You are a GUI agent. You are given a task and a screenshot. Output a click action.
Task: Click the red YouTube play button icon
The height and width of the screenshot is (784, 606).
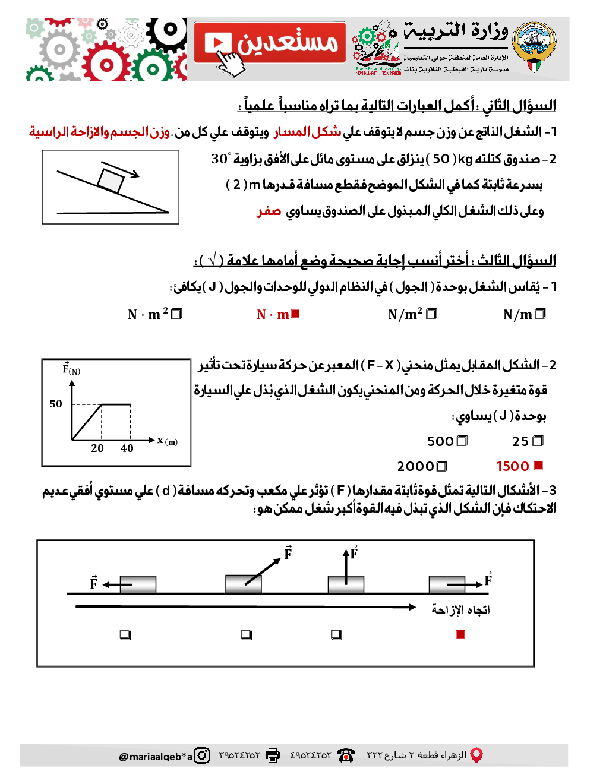[217, 43]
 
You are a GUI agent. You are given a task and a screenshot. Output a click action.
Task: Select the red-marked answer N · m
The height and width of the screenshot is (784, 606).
[273, 314]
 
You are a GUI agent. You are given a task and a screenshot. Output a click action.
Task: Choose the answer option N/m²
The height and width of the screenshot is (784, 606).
[405, 314]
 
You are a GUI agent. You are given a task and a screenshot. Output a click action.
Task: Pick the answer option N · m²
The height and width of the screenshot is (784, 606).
[148, 314]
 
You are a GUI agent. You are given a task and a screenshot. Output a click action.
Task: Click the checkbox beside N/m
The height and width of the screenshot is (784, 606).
[540, 314]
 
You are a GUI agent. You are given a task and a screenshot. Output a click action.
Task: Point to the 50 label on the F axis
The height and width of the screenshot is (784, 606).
[56, 404]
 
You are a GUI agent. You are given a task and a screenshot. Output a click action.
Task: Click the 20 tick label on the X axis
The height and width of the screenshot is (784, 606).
[97, 448]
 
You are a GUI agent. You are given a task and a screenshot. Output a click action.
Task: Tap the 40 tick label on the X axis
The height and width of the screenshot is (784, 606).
[127, 448]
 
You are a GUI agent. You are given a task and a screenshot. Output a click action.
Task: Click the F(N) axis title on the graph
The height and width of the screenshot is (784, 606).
[71, 369]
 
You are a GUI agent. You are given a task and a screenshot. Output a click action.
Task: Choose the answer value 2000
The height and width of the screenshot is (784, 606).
[415, 467]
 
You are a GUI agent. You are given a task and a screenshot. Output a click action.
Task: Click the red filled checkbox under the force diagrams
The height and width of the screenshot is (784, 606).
[460, 634]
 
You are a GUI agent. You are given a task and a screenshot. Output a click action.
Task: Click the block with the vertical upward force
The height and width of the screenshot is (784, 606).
[346, 584]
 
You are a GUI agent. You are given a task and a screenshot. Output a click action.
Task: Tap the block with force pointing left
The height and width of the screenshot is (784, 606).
[138, 584]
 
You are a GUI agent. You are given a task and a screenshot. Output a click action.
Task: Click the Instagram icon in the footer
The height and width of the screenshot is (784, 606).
[203, 755]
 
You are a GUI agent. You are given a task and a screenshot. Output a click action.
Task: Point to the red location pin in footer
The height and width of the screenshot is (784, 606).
[476, 755]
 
